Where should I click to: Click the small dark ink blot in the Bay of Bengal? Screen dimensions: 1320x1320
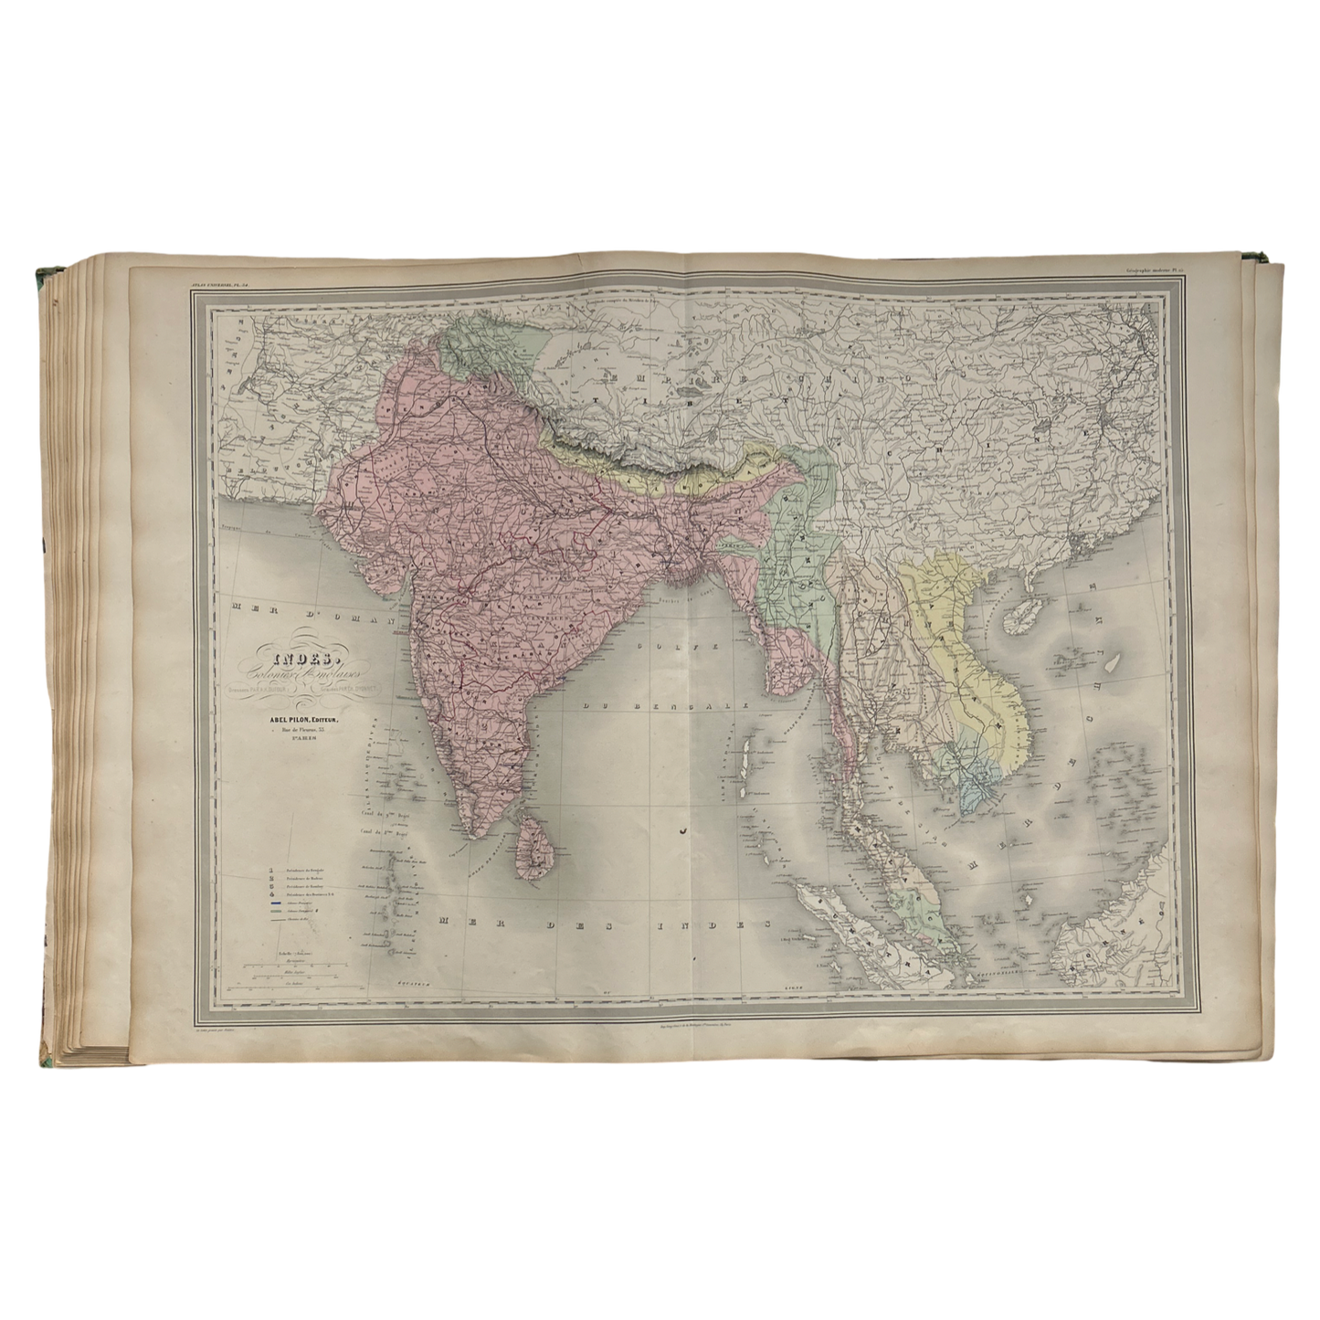682,829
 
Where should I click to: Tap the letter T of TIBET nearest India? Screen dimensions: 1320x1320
596,399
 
